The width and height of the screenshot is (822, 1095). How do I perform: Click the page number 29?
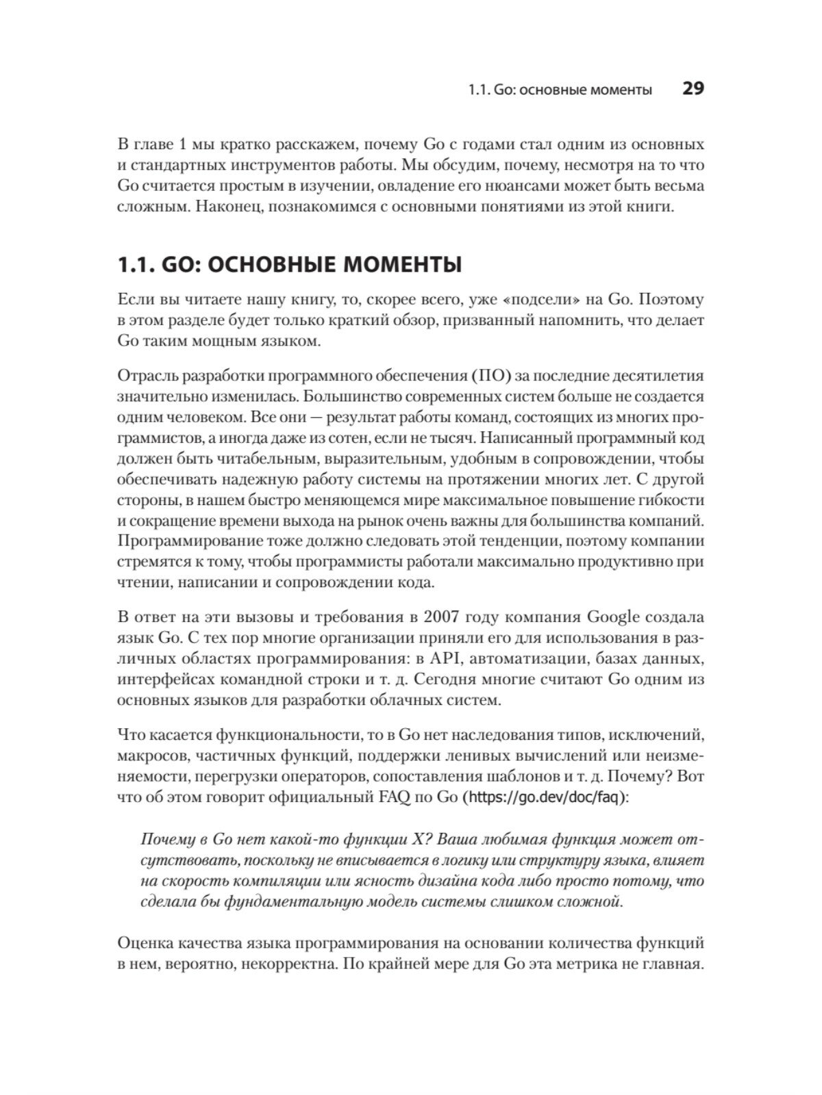[x=693, y=89]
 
